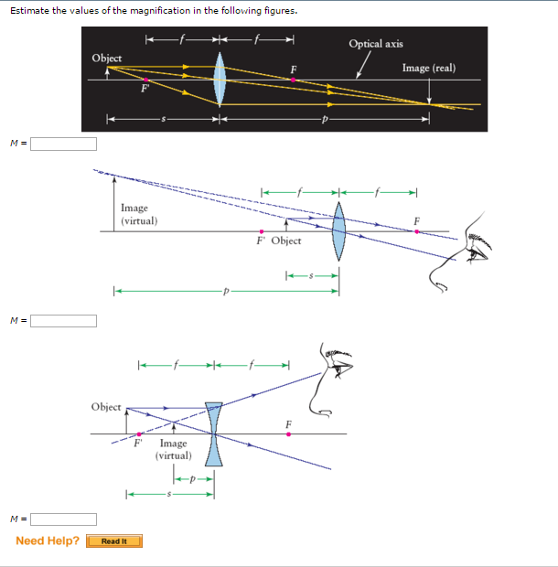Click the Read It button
114,541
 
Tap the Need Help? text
48,540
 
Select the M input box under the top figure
64,144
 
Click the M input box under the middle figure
64,320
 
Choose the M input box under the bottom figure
64,519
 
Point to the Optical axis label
375,44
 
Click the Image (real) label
429,68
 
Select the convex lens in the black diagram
220,79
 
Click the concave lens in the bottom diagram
214,433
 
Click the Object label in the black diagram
107,58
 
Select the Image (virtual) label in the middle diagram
139,214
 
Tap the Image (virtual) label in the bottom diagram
173,449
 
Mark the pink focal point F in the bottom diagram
288,433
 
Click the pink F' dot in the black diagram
145,80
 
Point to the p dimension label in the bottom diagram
194,478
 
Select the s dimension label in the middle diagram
311,275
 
